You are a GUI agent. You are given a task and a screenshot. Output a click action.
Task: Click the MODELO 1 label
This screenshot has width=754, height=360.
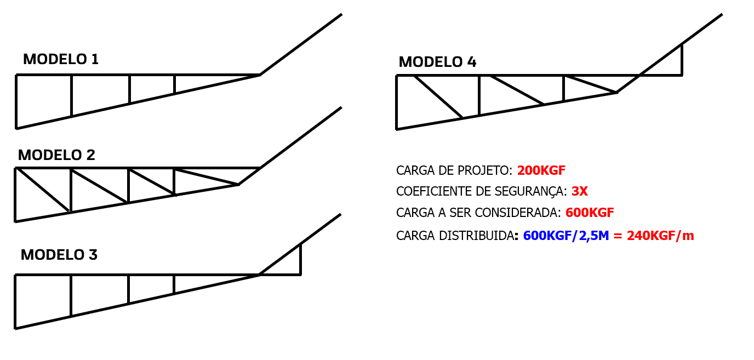click(x=61, y=59)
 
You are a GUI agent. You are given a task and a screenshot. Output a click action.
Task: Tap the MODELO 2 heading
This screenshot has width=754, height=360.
click(x=56, y=155)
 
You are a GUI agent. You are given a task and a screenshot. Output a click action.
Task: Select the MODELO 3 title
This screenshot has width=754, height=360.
click(x=59, y=255)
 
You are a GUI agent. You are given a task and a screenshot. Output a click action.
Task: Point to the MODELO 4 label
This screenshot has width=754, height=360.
click(x=437, y=62)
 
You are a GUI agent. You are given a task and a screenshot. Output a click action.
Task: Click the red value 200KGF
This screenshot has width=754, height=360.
click(x=541, y=170)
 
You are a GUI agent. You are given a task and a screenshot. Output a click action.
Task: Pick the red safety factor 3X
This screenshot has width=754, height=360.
click(x=580, y=191)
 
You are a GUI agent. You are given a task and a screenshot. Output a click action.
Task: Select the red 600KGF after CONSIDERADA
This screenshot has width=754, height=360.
click(x=590, y=213)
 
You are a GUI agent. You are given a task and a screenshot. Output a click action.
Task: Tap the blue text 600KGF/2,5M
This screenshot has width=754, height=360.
click(x=566, y=236)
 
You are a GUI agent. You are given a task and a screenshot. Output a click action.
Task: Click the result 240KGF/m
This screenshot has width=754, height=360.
click(x=660, y=236)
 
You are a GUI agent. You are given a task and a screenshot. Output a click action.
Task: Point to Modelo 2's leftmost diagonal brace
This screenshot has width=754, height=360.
click(x=43, y=190)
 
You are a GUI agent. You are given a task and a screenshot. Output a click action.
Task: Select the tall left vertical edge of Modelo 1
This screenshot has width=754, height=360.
click(x=16, y=101)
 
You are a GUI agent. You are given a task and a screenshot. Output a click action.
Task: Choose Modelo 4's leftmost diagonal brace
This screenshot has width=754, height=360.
click(x=438, y=97)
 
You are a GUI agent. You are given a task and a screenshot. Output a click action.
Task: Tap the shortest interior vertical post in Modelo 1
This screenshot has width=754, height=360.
click(x=174, y=84)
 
